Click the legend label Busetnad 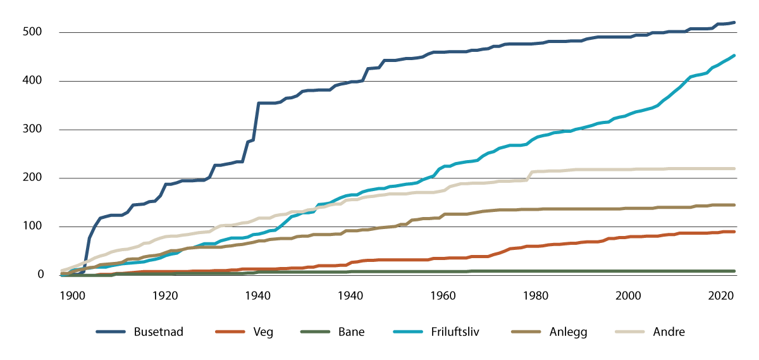tap(158, 332)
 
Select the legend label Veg tap(264, 332)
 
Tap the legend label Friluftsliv tap(456, 332)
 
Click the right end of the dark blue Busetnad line tap(734, 23)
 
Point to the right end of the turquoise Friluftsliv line tap(734, 56)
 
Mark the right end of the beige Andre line tap(734, 168)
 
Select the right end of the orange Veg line tap(734, 232)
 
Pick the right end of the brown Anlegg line tap(734, 205)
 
